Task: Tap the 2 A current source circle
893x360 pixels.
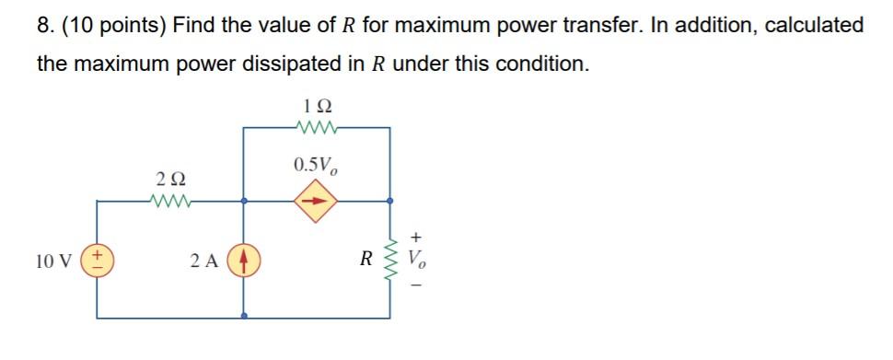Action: click(x=245, y=259)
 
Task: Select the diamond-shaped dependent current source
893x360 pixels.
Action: click(x=316, y=199)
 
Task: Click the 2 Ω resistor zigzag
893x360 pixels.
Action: click(x=170, y=198)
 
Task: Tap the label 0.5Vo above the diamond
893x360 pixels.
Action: click(x=316, y=166)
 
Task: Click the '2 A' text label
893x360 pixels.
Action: click(x=205, y=260)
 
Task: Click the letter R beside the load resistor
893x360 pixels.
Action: click(x=366, y=259)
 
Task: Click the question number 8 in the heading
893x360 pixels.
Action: click(x=43, y=26)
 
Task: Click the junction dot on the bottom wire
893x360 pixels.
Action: click(x=245, y=316)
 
